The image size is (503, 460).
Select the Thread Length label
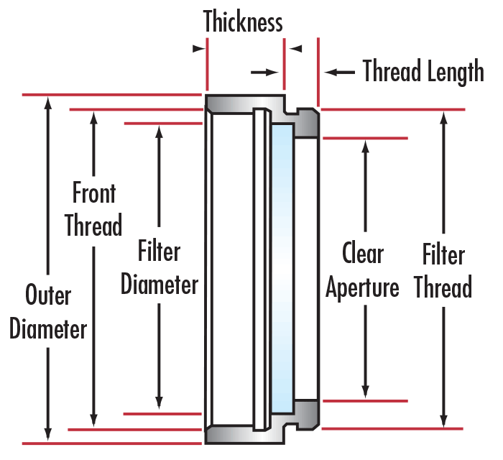point(423,72)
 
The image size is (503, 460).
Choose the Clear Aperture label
point(363,271)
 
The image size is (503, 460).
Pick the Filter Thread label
point(443,272)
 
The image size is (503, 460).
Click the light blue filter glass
point(282,267)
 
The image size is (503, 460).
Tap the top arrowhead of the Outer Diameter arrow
point(48,102)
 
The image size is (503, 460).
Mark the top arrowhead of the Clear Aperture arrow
point(366,145)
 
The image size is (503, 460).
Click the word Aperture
point(363,288)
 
